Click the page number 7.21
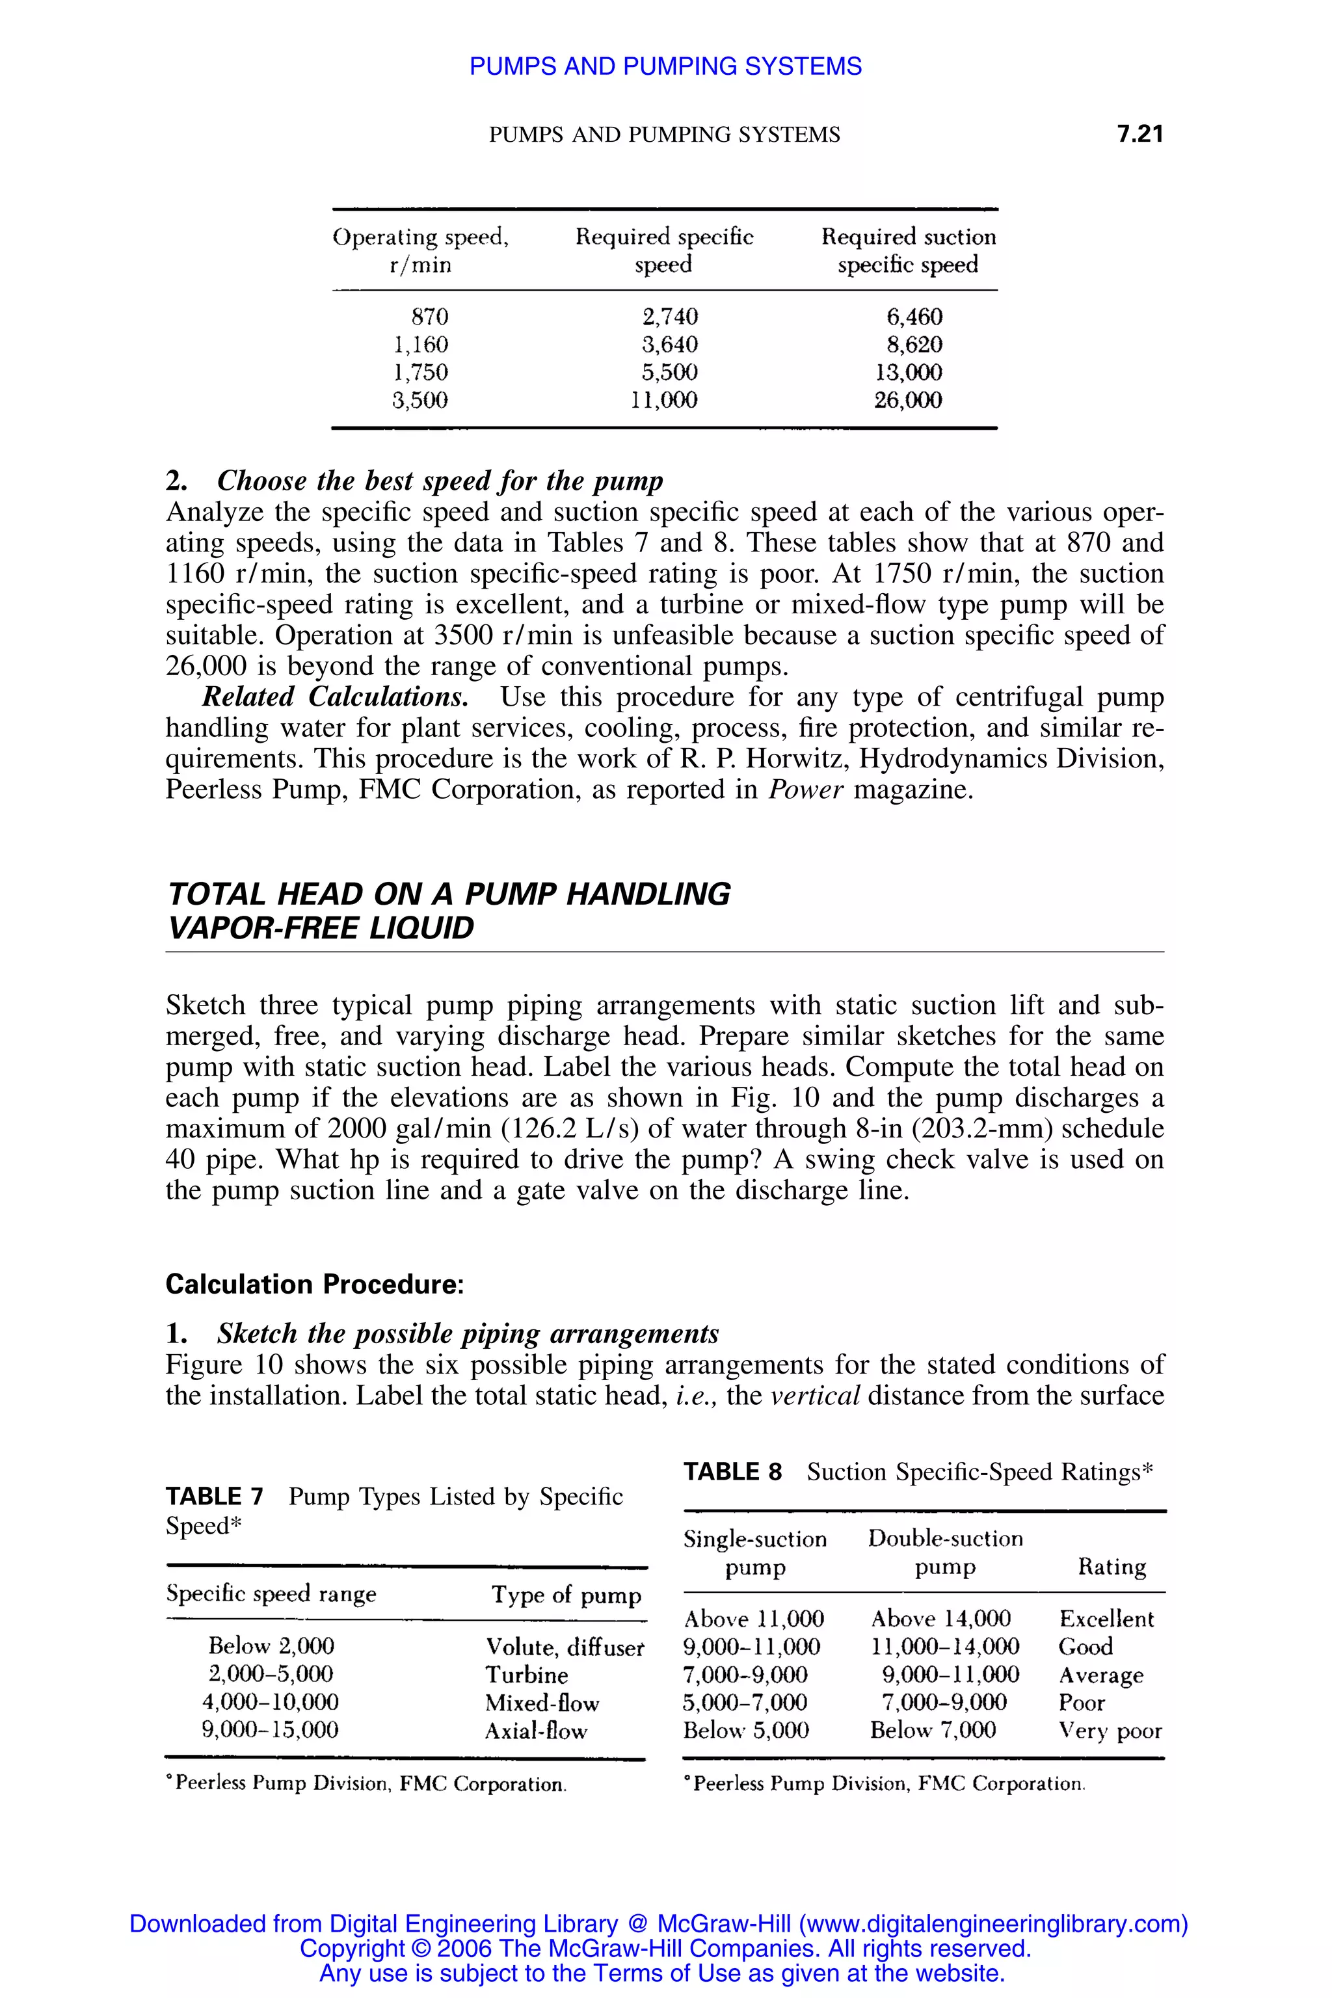point(1139,134)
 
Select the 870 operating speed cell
point(429,317)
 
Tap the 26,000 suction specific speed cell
point(908,400)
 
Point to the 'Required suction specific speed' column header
point(908,250)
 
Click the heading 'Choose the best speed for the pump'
point(439,481)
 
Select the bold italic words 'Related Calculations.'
point(335,697)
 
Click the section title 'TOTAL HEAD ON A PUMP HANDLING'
point(449,894)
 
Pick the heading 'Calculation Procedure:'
point(314,1284)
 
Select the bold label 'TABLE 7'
point(215,1496)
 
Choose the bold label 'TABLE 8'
point(732,1471)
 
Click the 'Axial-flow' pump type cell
point(535,1731)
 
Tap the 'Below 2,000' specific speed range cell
point(271,1646)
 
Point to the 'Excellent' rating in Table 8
point(1106,1619)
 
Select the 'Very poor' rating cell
point(1110,1731)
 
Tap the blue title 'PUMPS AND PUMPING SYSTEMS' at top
point(665,66)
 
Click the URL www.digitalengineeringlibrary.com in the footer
point(989,1923)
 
